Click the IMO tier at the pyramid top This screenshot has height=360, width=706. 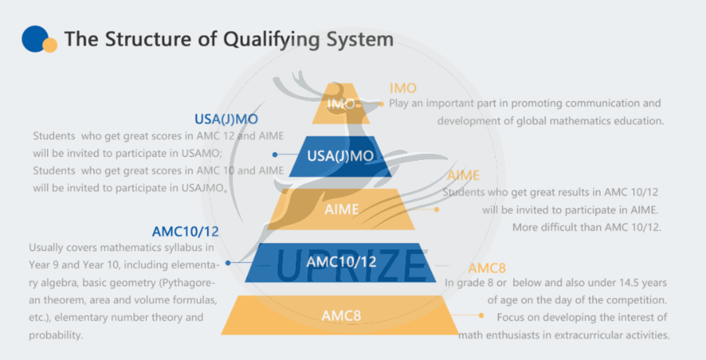[341, 104]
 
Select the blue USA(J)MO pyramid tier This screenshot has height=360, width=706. [340, 156]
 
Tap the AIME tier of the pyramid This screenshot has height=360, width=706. [341, 209]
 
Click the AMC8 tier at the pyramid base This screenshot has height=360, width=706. [341, 315]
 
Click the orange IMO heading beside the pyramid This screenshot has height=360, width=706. [403, 88]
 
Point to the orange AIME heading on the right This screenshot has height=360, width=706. [463, 176]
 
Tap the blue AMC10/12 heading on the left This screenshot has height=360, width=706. [185, 232]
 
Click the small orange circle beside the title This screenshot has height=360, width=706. [50, 45]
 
